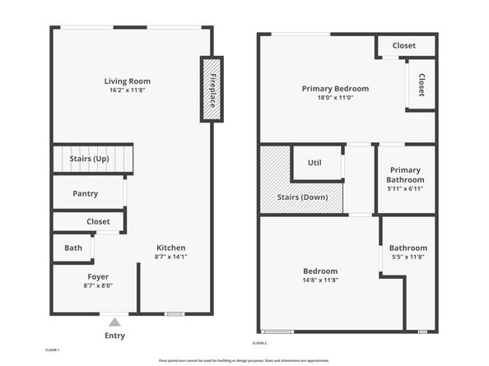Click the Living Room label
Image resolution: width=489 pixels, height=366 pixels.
pyautogui.click(x=127, y=81)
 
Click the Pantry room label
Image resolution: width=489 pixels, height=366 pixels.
pyautogui.click(x=85, y=194)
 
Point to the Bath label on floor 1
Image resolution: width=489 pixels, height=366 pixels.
pyautogui.click(x=73, y=248)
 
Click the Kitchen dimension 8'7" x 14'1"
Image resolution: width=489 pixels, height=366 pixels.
pyautogui.click(x=170, y=257)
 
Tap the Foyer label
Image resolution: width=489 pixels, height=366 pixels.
pyautogui.click(x=98, y=276)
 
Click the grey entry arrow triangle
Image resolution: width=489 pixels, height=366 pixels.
pyautogui.click(x=114, y=322)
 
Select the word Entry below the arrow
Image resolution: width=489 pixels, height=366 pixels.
pyautogui.click(x=115, y=336)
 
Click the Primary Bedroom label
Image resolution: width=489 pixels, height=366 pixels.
pyautogui.click(x=335, y=88)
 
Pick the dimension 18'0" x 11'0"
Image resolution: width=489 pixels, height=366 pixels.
pyautogui.click(x=335, y=97)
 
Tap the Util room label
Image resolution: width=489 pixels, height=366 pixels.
pyautogui.click(x=314, y=162)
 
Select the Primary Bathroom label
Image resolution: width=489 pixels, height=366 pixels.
pyautogui.click(x=406, y=174)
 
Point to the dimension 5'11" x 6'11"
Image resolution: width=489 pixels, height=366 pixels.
pyautogui.click(x=406, y=188)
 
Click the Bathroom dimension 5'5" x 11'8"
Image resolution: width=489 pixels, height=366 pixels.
pyautogui.click(x=408, y=257)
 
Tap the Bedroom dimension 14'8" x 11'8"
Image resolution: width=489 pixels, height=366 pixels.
pyautogui.click(x=320, y=280)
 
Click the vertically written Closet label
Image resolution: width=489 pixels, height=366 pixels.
pyautogui.click(x=421, y=85)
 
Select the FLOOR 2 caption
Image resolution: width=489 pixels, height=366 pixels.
pyautogui.click(x=259, y=343)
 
